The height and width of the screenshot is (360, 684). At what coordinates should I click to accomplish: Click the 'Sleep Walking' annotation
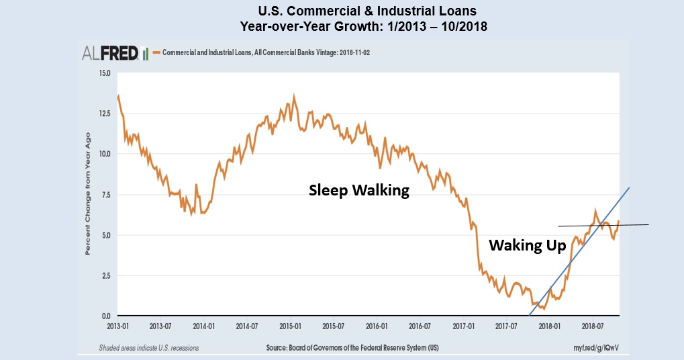point(358,190)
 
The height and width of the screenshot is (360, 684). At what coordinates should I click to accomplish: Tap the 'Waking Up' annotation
point(527,244)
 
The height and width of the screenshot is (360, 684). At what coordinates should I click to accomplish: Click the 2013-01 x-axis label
point(118,325)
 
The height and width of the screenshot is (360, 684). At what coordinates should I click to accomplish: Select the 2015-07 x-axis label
point(334,325)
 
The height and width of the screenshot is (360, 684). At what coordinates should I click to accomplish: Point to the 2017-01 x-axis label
point(462,325)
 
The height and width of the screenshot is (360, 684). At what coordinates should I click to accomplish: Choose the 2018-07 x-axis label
point(592,325)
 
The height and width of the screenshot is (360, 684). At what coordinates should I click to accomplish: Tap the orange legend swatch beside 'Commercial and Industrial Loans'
point(156,52)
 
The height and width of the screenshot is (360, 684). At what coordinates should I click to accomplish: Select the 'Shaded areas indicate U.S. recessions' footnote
point(148,348)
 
